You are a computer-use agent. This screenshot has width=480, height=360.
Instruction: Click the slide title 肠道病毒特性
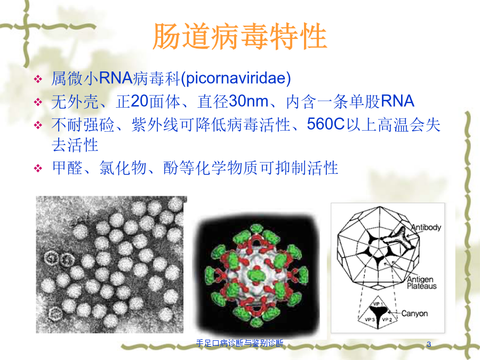[240, 36]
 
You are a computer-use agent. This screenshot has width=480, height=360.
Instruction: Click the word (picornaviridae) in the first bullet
[236, 78]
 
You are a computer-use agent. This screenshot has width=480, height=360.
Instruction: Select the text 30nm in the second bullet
[249, 101]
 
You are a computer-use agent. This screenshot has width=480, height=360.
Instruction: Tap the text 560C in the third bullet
[326, 124]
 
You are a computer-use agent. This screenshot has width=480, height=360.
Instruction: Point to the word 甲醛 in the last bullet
[67, 168]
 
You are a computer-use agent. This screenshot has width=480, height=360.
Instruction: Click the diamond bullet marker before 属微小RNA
[38, 79]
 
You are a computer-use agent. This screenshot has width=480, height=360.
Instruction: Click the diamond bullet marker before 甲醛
[38, 168]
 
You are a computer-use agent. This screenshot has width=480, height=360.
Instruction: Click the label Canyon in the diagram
[414, 314]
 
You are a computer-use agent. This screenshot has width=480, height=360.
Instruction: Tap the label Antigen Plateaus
[421, 283]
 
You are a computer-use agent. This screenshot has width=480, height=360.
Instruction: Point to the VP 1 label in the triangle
[378, 304]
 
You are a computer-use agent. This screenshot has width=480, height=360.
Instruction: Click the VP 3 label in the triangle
[370, 319]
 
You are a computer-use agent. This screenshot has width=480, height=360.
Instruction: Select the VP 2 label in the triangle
[387, 319]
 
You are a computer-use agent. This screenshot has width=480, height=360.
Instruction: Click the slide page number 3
[429, 344]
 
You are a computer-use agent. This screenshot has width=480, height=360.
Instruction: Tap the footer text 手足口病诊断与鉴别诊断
[239, 343]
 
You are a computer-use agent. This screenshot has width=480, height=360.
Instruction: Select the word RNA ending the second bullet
[398, 101]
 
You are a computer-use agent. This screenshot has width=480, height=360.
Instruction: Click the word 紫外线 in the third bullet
[155, 125]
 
